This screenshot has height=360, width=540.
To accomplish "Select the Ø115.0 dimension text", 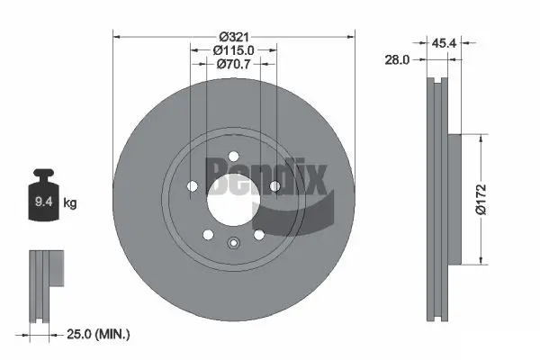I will tap(233, 50).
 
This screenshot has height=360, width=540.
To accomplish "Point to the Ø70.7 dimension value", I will tap(233, 65).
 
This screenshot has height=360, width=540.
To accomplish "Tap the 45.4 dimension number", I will tap(443, 41).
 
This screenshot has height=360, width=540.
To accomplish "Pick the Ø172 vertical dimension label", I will tap(481, 199).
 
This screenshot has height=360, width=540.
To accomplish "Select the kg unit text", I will tap(70, 204).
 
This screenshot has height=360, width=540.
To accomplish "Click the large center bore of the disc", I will tap(233, 193).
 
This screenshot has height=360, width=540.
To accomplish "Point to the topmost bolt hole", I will tap(233, 154).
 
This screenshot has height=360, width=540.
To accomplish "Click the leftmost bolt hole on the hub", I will tap(192, 187).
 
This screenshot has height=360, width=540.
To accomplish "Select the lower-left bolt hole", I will tap(208, 235).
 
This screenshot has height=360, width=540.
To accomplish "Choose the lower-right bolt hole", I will tap(258, 235).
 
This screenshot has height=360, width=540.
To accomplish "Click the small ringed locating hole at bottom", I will tap(233, 241).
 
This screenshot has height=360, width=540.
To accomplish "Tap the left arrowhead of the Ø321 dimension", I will tap(117, 36).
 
